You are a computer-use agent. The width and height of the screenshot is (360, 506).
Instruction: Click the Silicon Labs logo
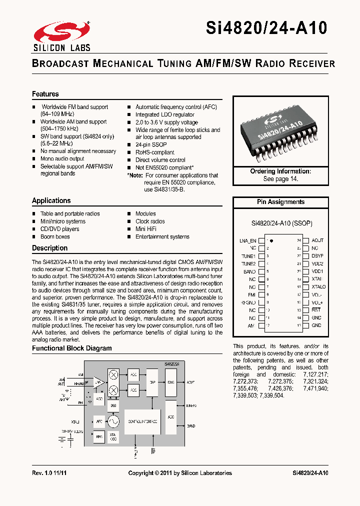click(62, 36)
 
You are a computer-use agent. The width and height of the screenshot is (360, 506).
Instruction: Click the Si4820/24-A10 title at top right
click(266, 27)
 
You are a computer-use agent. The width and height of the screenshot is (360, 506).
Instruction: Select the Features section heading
click(45, 94)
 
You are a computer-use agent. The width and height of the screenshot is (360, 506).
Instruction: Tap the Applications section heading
click(51, 200)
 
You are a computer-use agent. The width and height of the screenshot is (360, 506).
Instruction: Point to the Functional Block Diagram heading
click(72, 348)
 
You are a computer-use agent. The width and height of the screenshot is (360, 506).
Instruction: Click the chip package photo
click(281, 131)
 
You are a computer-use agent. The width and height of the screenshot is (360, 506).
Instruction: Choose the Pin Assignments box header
click(280, 202)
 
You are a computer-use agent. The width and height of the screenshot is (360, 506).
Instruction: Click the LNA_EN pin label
click(247, 240)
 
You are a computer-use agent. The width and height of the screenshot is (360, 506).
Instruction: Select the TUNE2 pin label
click(248, 263)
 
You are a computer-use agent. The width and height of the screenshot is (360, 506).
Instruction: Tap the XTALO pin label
click(318, 287)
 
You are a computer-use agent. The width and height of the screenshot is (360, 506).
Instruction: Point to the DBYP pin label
click(317, 256)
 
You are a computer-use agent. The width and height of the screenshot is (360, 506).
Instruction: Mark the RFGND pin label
click(248, 302)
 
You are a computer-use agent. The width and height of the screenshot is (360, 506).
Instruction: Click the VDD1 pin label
click(317, 271)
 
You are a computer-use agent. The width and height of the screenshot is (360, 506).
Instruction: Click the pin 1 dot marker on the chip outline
click(271, 240)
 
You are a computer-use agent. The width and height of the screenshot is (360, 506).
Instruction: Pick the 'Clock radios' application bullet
click(150, 221)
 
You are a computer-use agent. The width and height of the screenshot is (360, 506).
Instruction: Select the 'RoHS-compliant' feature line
click(154, 152)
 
